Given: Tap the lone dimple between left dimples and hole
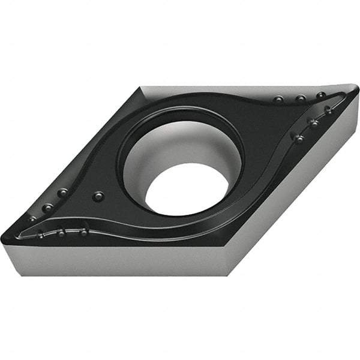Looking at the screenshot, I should point(98,196).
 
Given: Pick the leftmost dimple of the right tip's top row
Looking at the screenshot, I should point(278,99).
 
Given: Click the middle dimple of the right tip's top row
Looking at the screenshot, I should point(299,98).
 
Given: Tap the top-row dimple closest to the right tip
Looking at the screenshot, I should point(321,95).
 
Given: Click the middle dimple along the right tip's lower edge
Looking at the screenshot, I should point(313,122).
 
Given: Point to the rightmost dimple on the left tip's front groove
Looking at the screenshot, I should point(83,232).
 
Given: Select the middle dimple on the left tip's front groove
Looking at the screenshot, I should point(61,233).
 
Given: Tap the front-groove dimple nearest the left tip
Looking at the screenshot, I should point(40,235).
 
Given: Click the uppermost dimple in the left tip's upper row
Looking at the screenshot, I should point(62,193).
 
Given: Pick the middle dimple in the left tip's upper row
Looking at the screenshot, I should point(47,208).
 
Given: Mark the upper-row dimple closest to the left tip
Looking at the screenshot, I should point(32,220).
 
